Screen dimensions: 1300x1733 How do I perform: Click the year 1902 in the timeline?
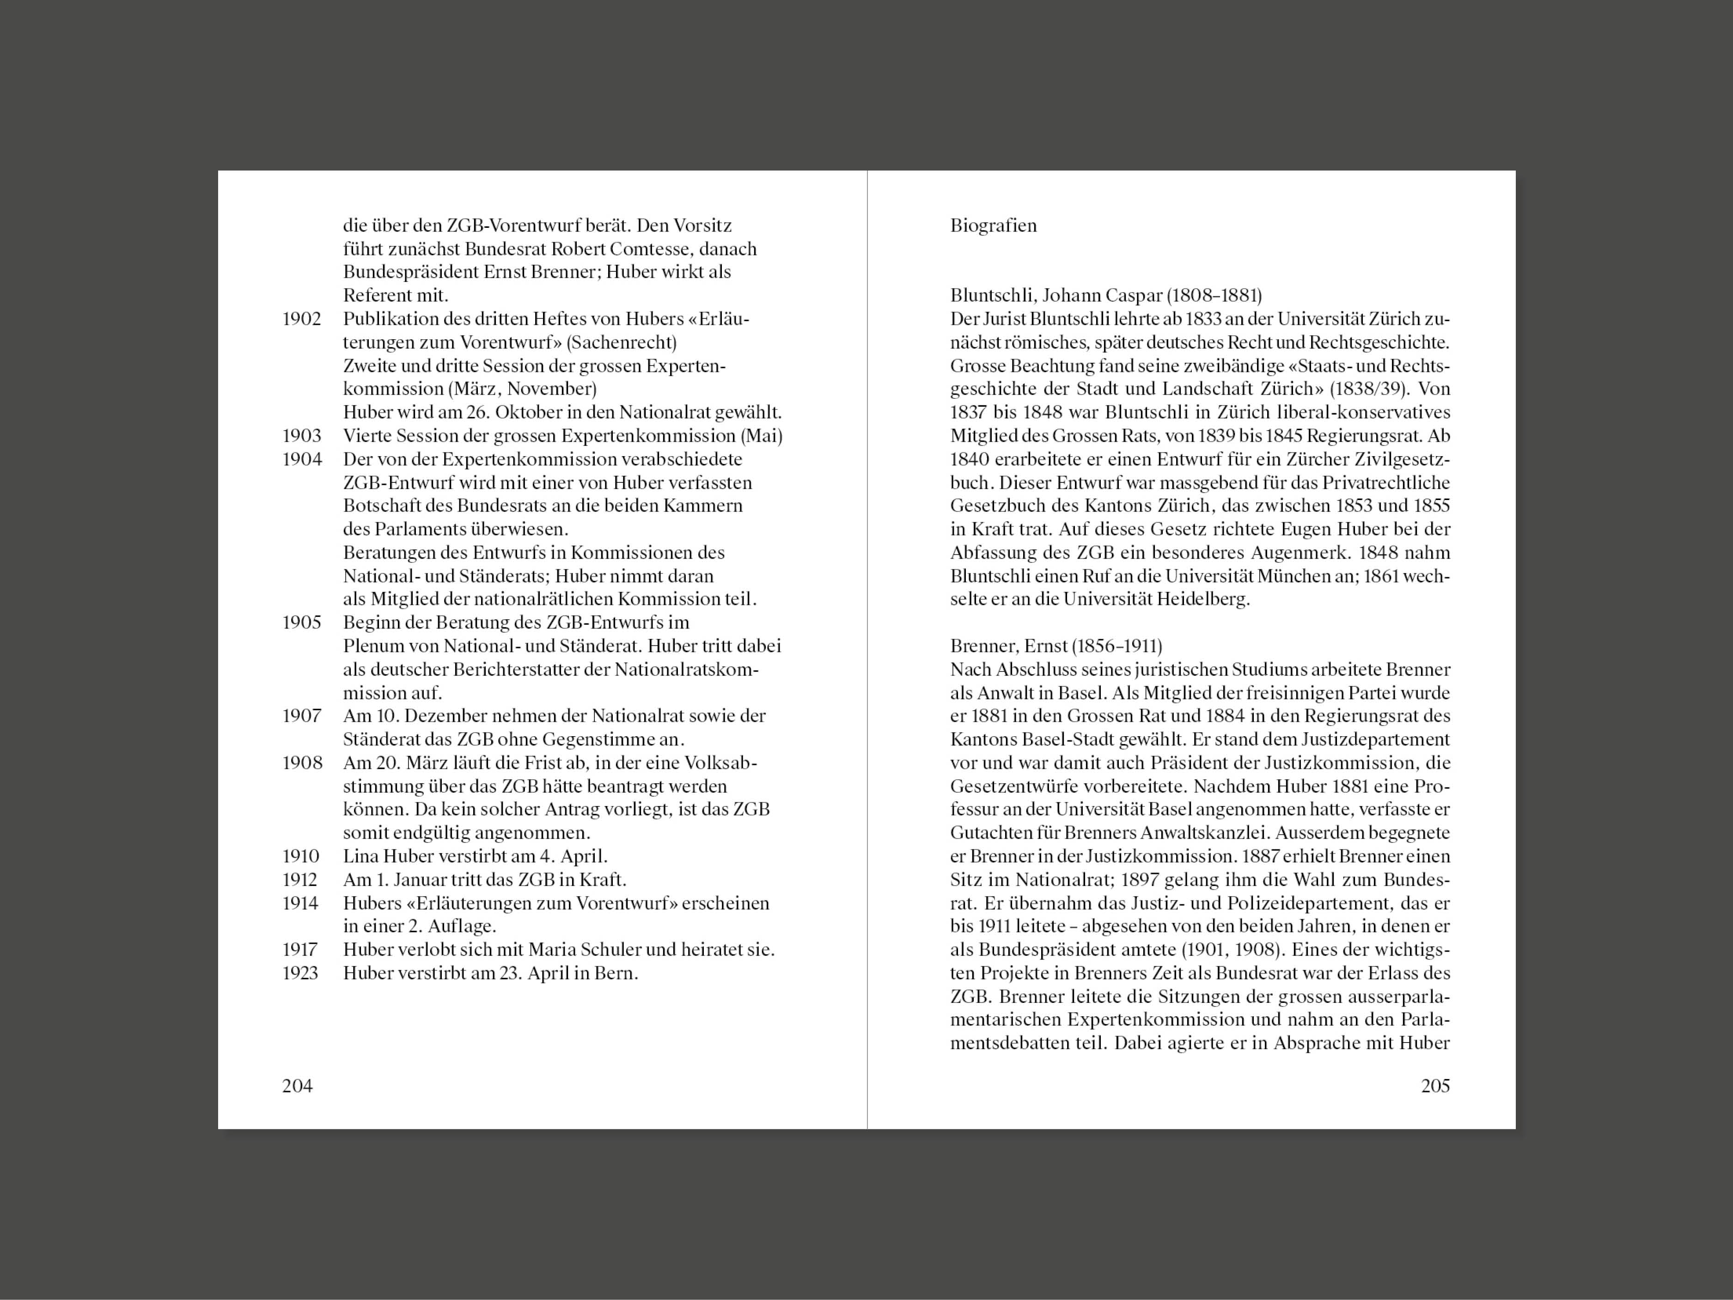(x=302, y=319)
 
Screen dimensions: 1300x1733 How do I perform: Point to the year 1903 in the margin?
(x=302, y=436)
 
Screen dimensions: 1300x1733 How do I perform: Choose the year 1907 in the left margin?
(x=302, y=716)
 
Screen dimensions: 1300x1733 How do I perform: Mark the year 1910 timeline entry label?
(x=302, y=856)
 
